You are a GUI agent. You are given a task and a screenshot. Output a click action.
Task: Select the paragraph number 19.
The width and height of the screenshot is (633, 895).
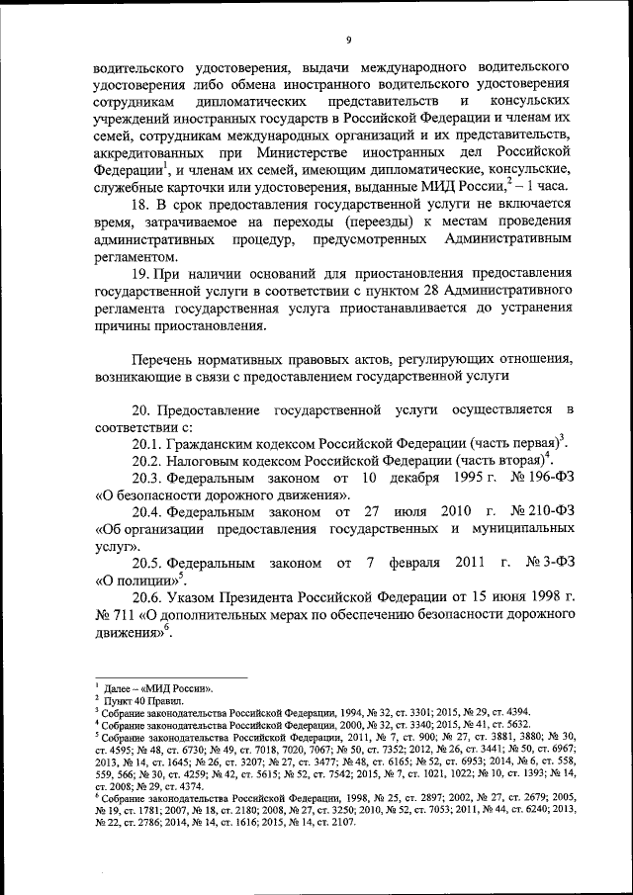(142, 272)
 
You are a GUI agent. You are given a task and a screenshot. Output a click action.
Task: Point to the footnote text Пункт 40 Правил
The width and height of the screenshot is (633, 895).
(137, 698)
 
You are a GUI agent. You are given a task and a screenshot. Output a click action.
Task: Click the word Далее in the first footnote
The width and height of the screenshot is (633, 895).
(120, 686)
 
